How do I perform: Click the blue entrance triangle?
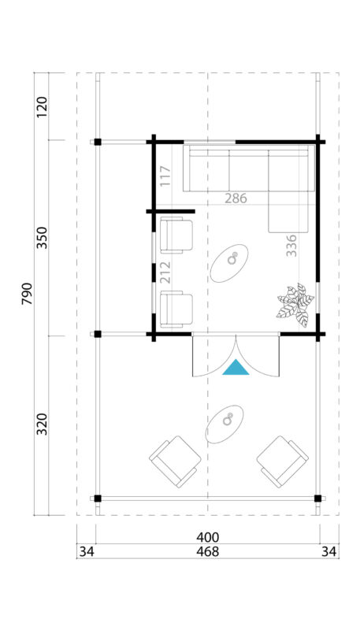coord(236,367)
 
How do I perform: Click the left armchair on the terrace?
coord(175,461)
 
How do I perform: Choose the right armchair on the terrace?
coord(282,461)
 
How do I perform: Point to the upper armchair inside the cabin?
coord(176,236)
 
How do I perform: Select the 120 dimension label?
coord(42,106)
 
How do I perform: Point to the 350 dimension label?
coord(42,237)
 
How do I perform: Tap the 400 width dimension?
coord(208,538)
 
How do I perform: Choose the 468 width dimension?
coord(208,552)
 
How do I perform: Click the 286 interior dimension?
coord(235,198)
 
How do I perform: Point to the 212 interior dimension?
coord(165,272)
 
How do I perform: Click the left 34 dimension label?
coord(86,552)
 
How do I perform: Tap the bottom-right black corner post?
coord(318,498)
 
